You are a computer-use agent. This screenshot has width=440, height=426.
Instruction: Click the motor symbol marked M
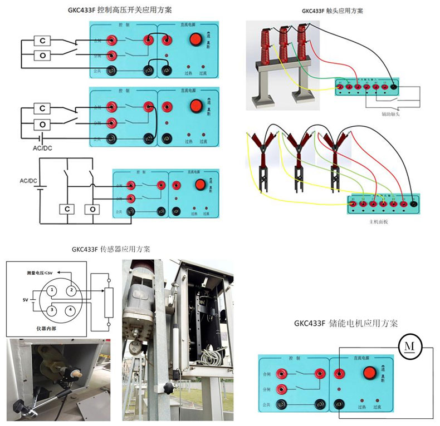[x=410, y=346]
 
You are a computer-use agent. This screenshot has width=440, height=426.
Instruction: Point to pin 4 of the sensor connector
[x=71, y=310]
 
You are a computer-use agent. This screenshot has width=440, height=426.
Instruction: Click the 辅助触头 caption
[x=390, y=115]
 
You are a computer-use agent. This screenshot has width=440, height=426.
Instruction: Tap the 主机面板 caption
[x=378, y=221]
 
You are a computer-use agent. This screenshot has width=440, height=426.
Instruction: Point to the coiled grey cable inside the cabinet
[x=211, y=351]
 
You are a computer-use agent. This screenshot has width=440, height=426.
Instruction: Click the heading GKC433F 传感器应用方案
[x=111, y=249]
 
